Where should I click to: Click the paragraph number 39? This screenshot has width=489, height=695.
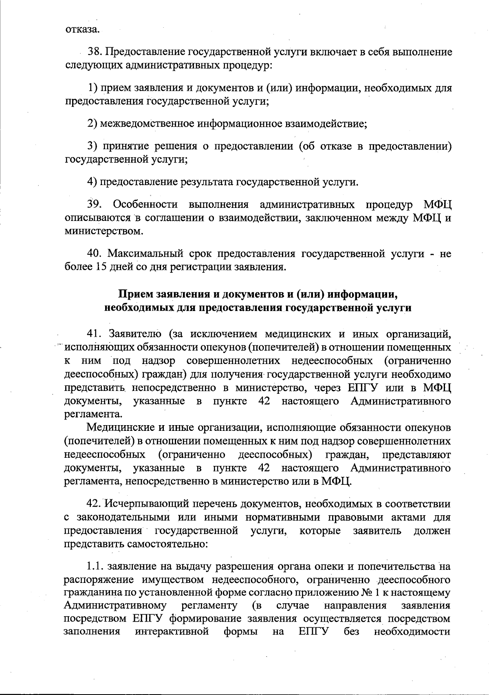[95, 204]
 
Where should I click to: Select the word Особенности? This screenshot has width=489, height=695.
[145, 204]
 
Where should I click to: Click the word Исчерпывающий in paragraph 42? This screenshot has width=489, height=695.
[148, 504]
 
